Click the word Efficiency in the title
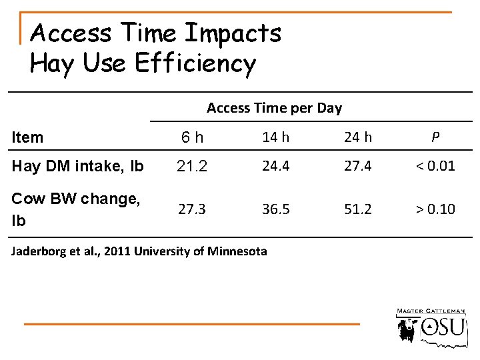click(x=195, y=63)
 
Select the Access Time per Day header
click(x=274, y=107)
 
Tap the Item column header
click(x=27, y=137)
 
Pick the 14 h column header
click(x=275, y=137)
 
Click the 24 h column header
click(x=357, y=137)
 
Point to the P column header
click(x=435, y=137)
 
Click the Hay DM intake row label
click(x=77, y=166)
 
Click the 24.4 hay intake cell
click(x=275, y=165)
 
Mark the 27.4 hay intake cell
click(x=357, y=165)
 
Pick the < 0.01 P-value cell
click(x=435, y=165)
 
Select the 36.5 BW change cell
click(x=275, y=209)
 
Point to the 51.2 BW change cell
click(x=357, y=209)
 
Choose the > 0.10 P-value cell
click(x=435, y=209)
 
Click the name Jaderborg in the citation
click(x=40, y=251)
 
